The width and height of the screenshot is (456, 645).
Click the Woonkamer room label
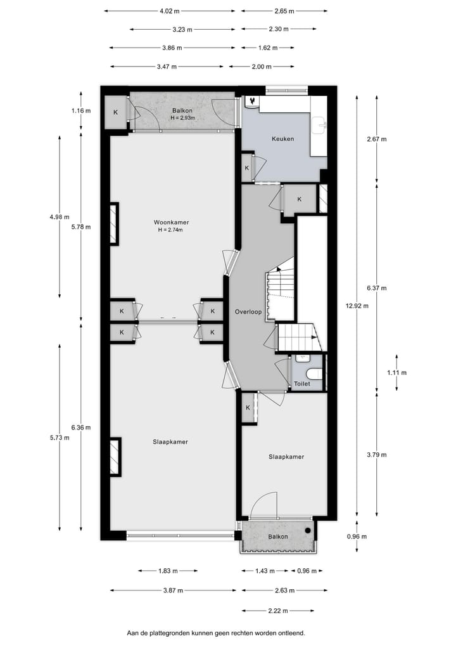click(x=171, y=222)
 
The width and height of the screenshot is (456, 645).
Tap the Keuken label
click(x=282, y=139)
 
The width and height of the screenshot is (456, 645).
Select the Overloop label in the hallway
click(x=248, y=312)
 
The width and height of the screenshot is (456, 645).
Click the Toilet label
click(x=301, y=384)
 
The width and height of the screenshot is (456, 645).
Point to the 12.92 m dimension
click(x=357, y=305)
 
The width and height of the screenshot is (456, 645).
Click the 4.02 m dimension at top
click(x=169, y=11)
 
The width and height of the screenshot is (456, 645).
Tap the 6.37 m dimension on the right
click(x=376, y=288)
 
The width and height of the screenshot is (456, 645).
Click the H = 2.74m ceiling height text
click(x=171, y=230)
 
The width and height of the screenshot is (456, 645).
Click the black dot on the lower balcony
click(x=308, y=530)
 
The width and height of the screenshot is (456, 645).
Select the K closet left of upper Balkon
click(x=115, y=112)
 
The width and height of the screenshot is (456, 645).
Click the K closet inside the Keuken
click(x=246, y=168)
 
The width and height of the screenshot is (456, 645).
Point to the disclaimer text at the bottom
click(x=216, y=632)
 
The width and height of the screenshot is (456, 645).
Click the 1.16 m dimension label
click(x=82, y=110)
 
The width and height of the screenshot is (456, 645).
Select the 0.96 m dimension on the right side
click(x=357, y=536)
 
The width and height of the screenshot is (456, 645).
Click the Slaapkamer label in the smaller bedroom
click(x=286, y=457)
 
